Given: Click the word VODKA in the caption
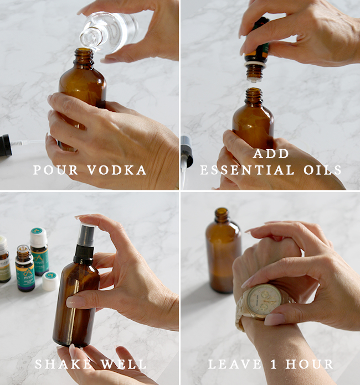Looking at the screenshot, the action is (116, 170).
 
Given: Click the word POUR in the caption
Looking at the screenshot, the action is (55, 170).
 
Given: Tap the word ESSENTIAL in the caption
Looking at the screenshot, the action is (247, 170).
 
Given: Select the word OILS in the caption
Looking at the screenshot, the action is (322, 170).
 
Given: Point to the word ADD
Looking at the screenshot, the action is (271, 154).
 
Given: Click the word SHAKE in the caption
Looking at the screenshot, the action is (63, 364).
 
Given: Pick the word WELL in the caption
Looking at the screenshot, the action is (123, 364).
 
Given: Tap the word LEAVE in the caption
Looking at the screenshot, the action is (234, 364).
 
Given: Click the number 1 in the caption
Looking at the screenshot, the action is (274, 364).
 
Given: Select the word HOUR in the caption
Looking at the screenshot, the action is (309, 364).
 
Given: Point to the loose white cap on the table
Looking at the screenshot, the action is (50, 281).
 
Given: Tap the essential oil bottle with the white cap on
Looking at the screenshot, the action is (39, 251).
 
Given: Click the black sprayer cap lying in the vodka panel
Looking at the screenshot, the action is (6, 145).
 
